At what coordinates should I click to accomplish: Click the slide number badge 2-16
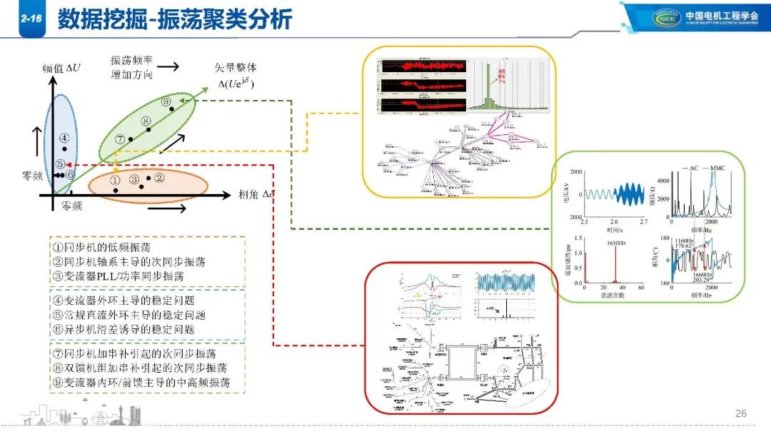point(30,21)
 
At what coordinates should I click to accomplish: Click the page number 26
point(740,414)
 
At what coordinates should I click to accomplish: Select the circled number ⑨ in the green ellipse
point(166,102)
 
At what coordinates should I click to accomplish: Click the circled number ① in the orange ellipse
point(115,181)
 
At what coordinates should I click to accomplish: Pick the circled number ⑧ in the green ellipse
point(146,121)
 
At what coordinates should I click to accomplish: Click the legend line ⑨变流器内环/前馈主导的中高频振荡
point(141,383)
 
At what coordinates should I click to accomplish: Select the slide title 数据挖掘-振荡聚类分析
point(175,20)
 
